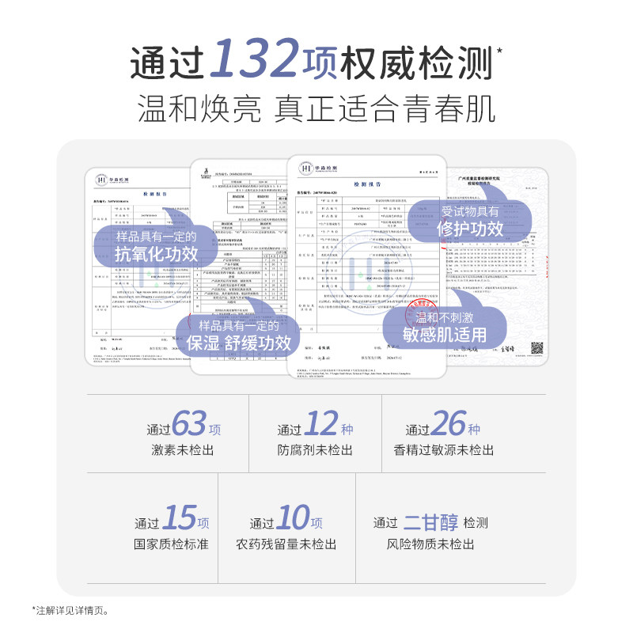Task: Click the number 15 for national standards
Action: coord(179,517)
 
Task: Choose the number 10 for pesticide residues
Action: coord(293,517)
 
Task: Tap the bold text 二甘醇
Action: coord(430,521)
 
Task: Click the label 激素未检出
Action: coord(184,450)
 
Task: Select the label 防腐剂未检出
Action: coord(314,450)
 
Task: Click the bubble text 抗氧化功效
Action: coord(157,254)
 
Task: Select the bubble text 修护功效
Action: coord(472,229)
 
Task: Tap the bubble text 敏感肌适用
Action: coord(445,334)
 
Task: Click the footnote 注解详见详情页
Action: coord(71,610)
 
